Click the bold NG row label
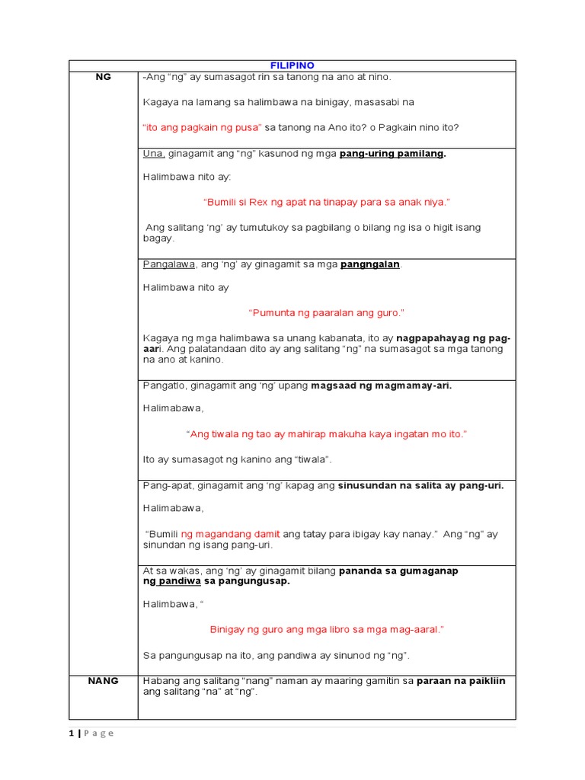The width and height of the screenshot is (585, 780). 103,77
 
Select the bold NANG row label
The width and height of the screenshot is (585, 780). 103,680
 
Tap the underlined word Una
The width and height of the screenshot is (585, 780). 153,154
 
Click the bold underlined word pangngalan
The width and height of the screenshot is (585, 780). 370,264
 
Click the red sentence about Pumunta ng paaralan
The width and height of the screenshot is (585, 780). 326,313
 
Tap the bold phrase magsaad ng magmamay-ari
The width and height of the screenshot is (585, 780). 381,385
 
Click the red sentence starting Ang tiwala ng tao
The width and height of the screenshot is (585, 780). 326,433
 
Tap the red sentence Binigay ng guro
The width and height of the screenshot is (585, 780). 326,629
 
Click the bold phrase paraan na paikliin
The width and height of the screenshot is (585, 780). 460,680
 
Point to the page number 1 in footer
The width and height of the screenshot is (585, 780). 71,733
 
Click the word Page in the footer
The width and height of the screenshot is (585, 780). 99,733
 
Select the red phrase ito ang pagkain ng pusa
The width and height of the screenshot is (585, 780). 202,126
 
